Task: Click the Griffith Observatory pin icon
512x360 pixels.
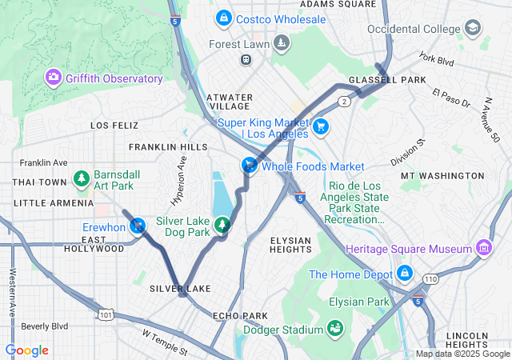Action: [54, 78]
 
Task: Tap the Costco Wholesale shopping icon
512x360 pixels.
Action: [222, 18]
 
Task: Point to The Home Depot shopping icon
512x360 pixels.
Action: [404, 274]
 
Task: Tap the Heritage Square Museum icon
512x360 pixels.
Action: [482, 249]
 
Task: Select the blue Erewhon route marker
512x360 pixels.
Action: [139, 226]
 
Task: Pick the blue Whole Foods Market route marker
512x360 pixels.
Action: [250, 166]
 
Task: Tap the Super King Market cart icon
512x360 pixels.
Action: [320, 126]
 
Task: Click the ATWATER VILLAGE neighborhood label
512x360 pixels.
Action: [230, 102]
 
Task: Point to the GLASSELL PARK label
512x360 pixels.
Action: [376, 81]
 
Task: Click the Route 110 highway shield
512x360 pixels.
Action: [431, 279]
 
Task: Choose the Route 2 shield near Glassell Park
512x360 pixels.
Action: [344, 102]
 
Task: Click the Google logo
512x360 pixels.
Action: [26, 350]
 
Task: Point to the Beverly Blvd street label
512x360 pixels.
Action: [44, 326]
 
